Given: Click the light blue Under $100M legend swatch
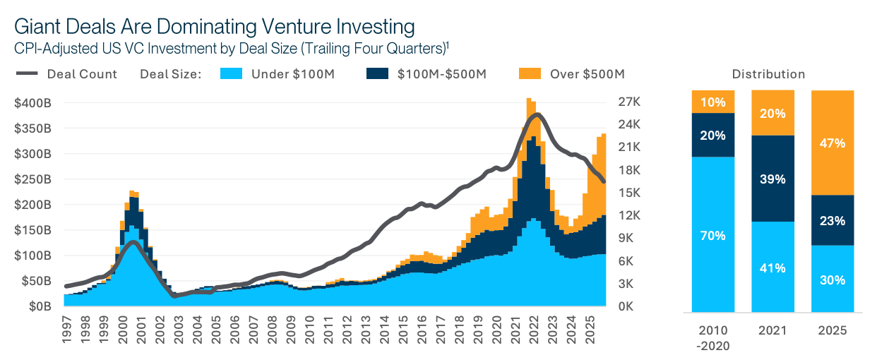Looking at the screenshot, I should [231, 73].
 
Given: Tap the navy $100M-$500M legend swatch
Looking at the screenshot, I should [377, 73].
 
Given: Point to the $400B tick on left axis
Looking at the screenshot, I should [32, 103].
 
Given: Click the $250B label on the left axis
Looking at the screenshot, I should [32, 179].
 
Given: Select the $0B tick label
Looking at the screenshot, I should [39, 306].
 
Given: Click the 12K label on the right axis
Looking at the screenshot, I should [629, 215].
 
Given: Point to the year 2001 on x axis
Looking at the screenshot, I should [142, 328].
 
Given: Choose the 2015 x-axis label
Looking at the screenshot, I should [402, 328].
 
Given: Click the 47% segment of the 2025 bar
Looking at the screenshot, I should [833, 143].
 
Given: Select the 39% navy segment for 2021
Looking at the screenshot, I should [773, 179].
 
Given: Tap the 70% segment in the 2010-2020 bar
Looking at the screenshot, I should [713, 235].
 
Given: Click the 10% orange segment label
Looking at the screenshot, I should [713, 102].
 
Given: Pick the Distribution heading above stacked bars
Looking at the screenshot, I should [768, 74].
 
